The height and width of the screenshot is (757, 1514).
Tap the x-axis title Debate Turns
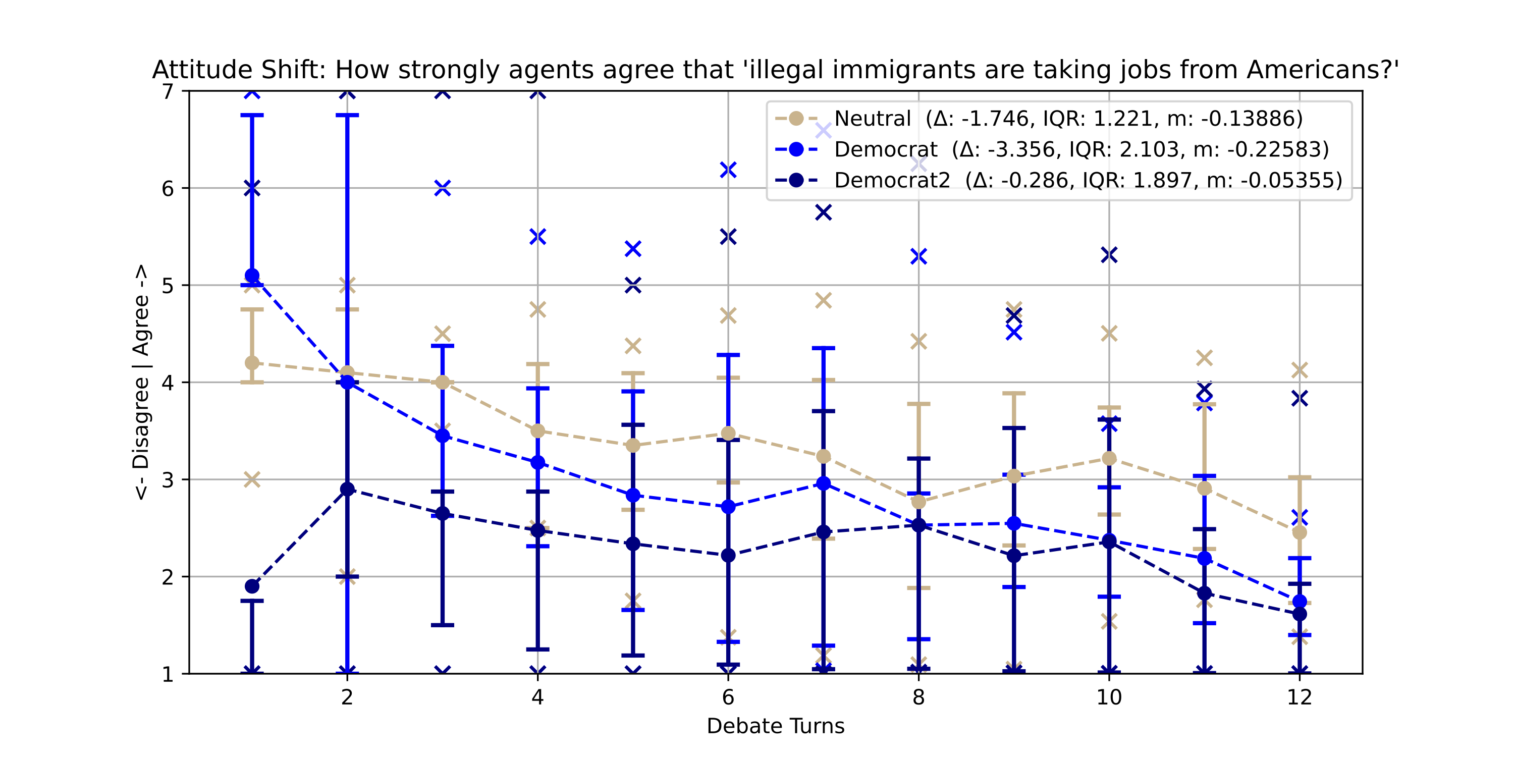(775, 726)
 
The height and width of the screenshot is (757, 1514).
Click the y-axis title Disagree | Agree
(141, 382)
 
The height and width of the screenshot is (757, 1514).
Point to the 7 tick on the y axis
(168, 92)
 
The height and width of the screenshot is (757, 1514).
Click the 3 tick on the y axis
(168, 479)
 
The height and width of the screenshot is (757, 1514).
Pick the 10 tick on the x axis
(1108, 697)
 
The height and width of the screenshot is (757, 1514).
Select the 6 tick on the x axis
(728, 697)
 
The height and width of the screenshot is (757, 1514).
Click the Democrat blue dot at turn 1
(252, 275)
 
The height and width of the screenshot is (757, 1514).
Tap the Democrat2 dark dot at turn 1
(252, 586)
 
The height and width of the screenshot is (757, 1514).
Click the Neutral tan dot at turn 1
(252, 363)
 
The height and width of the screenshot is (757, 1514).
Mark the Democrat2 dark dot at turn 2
(347, 489)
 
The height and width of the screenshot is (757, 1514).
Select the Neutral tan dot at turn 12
(1300, 532)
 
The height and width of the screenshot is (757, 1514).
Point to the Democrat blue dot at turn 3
(443, 436)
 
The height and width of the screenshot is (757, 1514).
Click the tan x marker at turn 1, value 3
(252, 479)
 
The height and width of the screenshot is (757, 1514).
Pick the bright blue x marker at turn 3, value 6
(443, 188)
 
